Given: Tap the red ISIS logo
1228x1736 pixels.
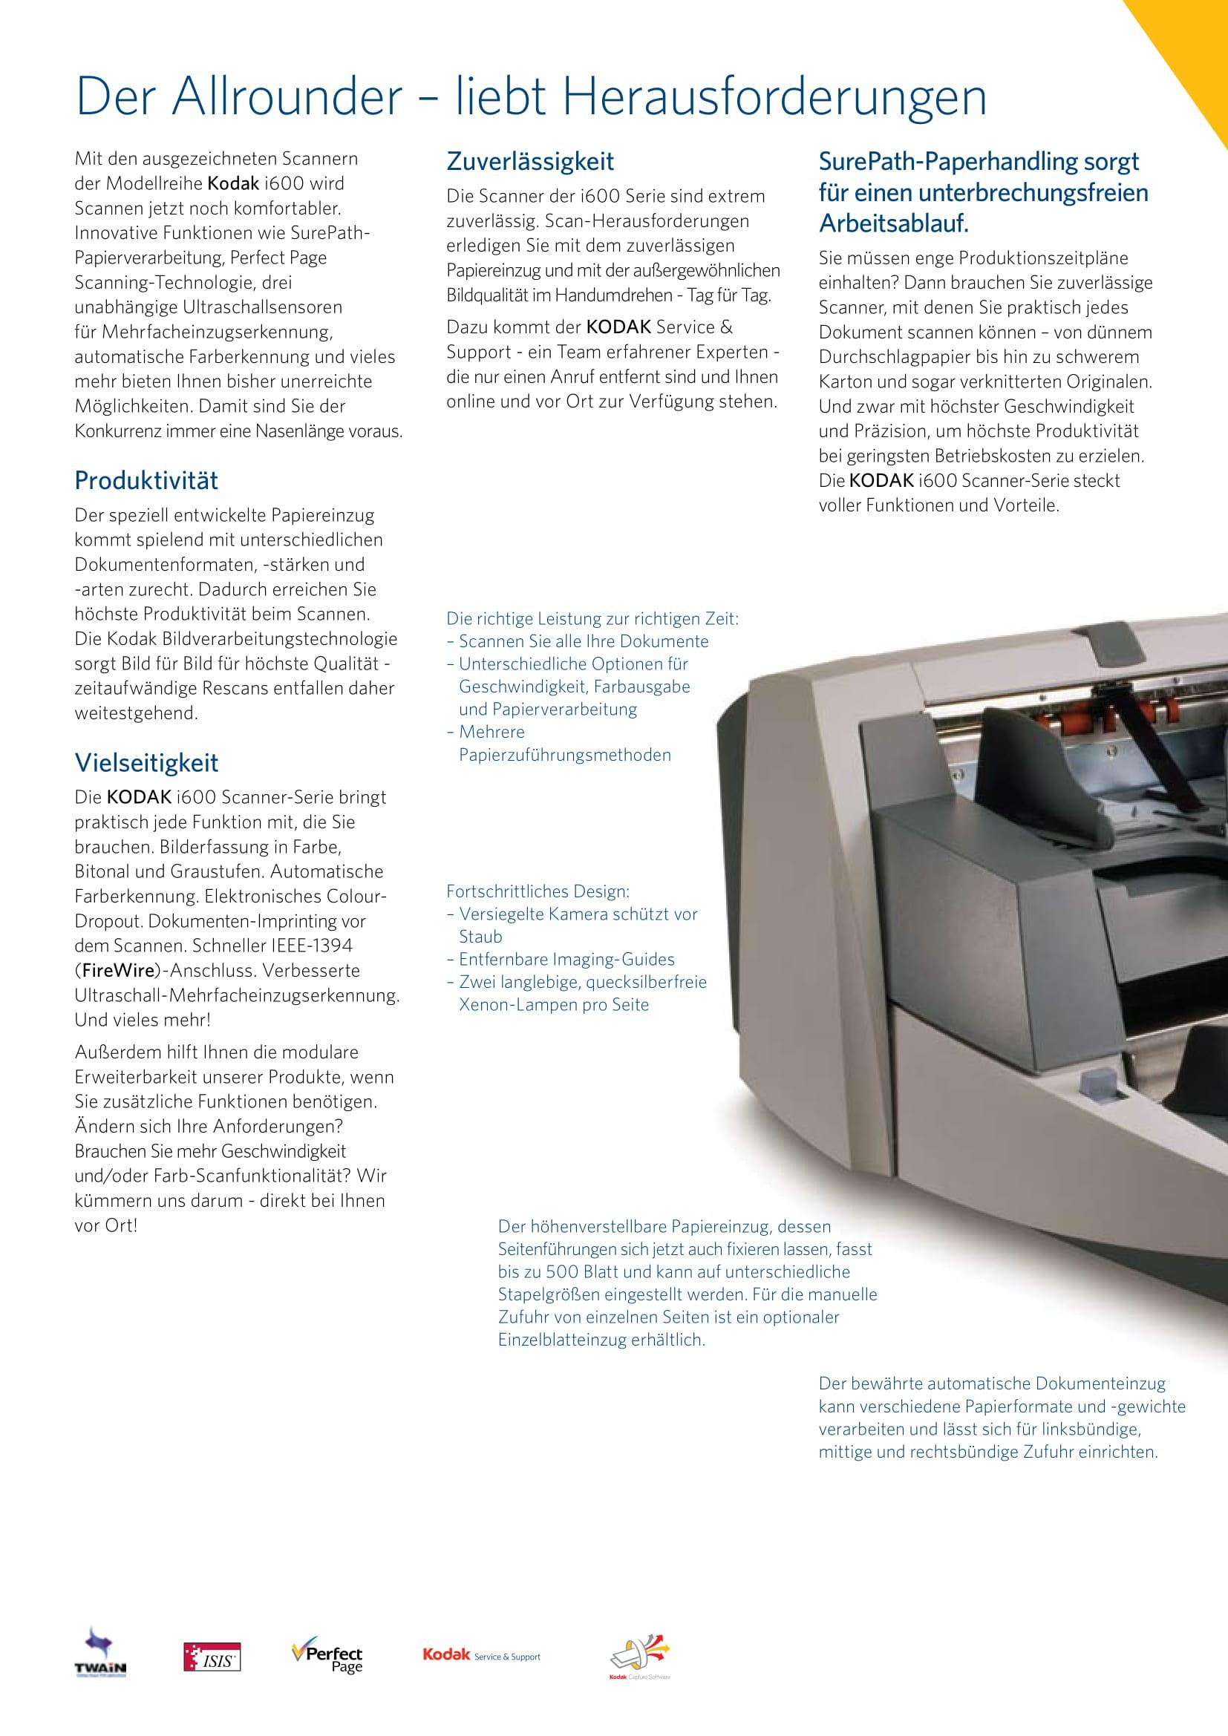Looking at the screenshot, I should click(x=212, y=1656).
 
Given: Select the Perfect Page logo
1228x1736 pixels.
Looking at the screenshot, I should click(x=327, y=1654).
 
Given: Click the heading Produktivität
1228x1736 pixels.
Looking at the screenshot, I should click(x=146, y=480).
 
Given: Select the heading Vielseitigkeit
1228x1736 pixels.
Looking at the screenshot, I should click(x=146, y=762).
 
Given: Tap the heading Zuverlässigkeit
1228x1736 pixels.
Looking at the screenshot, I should click(x=530, y=161).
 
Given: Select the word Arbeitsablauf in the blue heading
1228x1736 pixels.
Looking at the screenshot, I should click(x=892, y=225).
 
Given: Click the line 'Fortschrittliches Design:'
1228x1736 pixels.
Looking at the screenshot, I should click(x=538, y=891).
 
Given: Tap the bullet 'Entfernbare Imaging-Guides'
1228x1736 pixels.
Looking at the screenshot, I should click(x=566, y=960).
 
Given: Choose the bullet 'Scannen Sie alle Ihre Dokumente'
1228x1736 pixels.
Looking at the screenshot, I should click(x=583, y=641).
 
